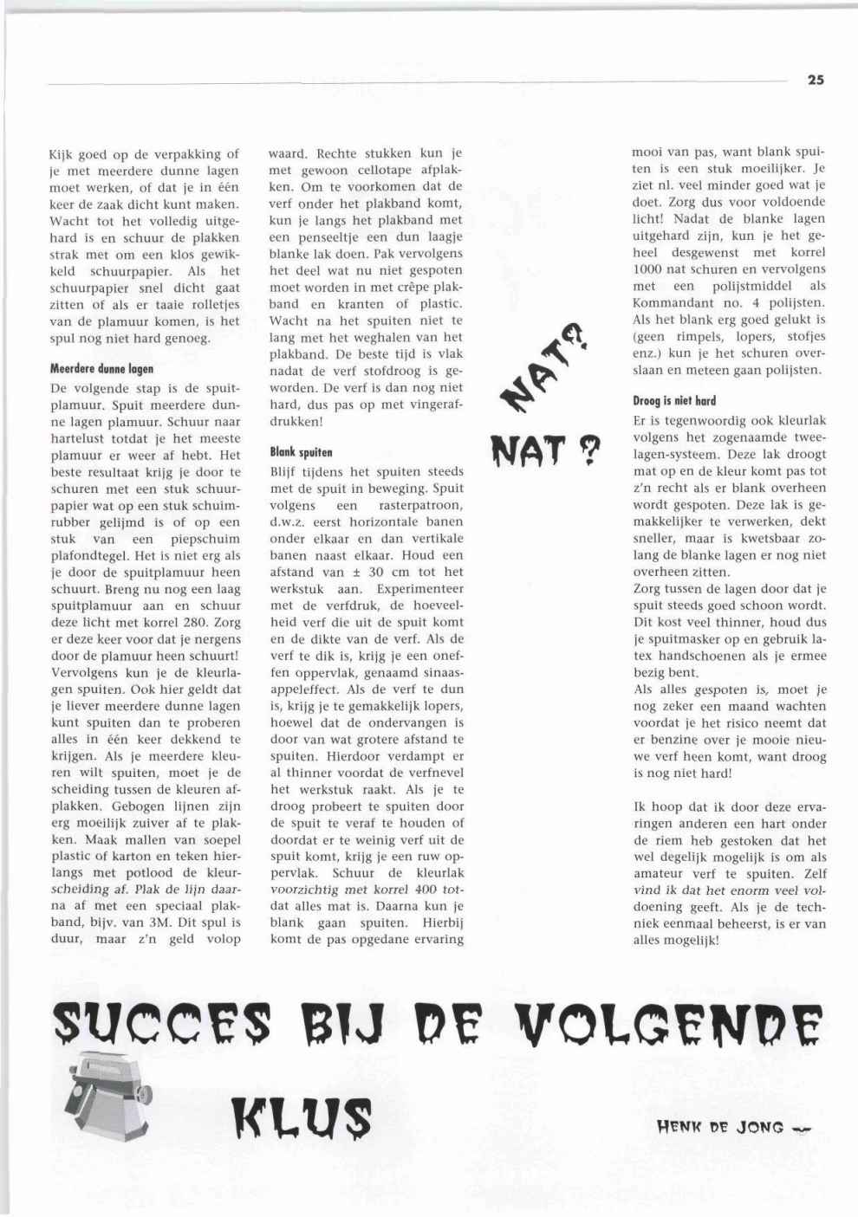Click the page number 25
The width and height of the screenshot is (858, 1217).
pos(816,80)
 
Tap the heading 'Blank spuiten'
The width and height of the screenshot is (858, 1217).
pos(301,452)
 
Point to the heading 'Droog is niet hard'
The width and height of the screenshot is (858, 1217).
pos(674,401)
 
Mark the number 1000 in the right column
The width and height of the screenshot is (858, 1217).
pos(648,269)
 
